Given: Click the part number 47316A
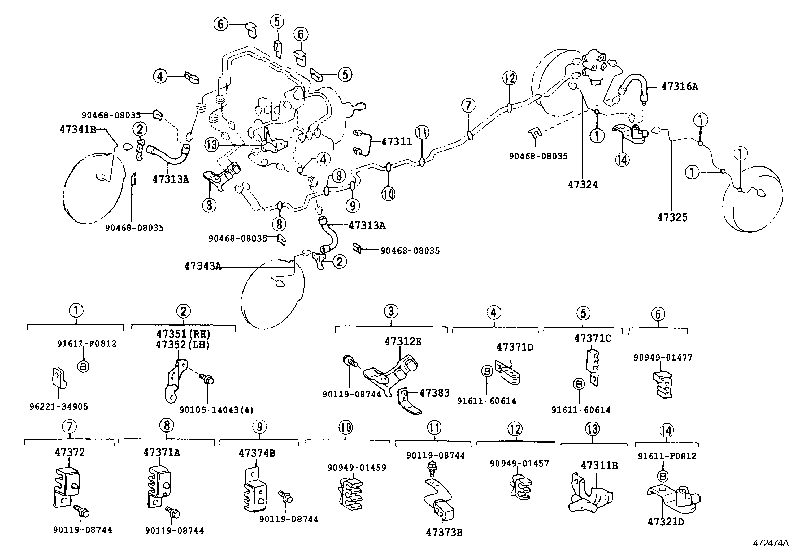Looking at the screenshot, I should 679,86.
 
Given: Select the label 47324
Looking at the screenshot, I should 583,185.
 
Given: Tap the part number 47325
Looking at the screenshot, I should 672,217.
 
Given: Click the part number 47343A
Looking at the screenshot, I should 203,266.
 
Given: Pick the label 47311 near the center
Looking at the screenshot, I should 396,142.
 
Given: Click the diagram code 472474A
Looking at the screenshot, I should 771,543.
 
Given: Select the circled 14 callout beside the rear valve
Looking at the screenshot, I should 622,160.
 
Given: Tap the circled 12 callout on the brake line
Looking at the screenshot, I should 509,78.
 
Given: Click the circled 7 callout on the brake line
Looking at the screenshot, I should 468,105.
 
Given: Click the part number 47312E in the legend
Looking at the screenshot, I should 403,341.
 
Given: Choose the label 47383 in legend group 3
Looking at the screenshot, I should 435,394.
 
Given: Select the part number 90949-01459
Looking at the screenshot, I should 356,468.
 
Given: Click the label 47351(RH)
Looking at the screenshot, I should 182,334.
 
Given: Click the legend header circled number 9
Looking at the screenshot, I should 259,427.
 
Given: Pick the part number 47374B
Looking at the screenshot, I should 257,453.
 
